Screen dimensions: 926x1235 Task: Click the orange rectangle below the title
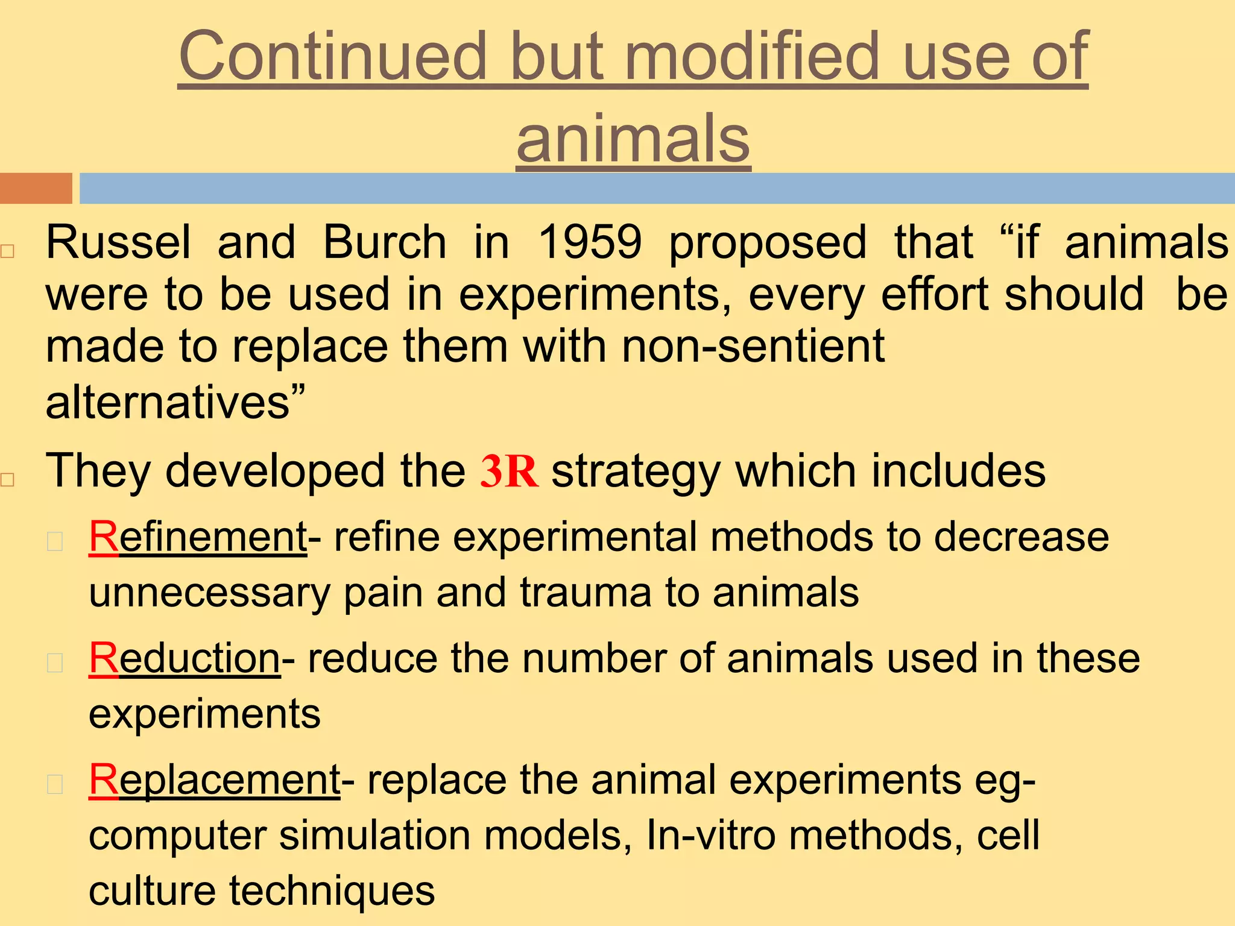36,188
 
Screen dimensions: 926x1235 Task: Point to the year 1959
590,242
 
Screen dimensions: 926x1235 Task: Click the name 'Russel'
118,242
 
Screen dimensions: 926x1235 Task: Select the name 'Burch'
385,242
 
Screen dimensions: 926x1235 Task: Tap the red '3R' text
508,471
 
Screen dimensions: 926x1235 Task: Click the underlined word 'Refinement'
198,537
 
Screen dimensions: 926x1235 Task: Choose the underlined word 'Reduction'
185,658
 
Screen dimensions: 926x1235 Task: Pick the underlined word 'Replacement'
215,780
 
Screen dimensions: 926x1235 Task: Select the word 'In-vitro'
710,836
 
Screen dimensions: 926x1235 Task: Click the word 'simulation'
374,836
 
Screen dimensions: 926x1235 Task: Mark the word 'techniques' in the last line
332,891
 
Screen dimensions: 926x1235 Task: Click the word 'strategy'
636,471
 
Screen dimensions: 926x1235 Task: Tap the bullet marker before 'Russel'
7,251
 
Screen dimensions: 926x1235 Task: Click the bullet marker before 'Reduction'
55,663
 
